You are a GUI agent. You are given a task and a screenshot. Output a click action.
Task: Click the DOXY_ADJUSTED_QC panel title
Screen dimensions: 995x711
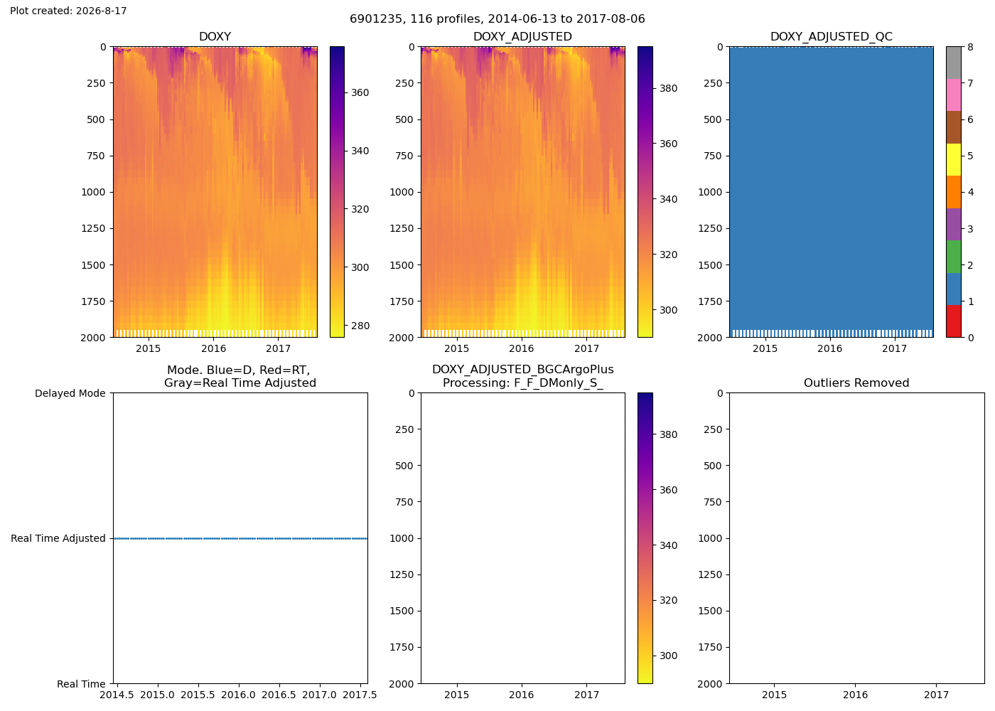[831, 36]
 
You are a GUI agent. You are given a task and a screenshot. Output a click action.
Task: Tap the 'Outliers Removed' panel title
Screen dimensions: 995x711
[856, 383]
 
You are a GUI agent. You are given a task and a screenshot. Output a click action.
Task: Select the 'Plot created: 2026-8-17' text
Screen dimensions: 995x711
[68, 11]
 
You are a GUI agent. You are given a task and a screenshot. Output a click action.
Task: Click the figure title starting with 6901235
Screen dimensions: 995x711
[497, 18]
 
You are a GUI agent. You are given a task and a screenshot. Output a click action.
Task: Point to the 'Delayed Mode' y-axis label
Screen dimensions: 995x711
[70, 393]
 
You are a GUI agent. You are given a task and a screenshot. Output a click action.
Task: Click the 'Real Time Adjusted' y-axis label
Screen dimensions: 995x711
[58, 538]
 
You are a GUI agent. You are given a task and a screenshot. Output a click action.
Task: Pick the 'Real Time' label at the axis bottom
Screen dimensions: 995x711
[81, 684]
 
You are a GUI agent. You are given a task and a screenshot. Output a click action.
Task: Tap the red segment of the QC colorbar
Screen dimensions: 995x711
[954, 321]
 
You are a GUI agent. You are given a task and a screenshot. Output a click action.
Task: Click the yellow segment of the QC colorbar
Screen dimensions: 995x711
[954, 159]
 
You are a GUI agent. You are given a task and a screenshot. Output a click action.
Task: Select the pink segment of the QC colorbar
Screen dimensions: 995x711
[954, 95]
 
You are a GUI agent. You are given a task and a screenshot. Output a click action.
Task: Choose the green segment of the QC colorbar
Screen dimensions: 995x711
[954, 257]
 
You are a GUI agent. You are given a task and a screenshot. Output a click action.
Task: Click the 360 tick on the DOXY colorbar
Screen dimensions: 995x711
[360, 92]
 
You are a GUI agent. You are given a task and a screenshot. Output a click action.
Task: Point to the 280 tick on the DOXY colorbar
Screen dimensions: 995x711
[360, 326]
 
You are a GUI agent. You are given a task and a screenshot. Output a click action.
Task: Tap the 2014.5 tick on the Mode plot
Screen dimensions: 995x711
[117, 695]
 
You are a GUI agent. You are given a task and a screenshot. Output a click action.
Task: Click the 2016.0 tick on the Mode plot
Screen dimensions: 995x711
[239, 695]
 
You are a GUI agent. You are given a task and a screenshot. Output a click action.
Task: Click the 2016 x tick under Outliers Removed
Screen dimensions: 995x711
[856, 695]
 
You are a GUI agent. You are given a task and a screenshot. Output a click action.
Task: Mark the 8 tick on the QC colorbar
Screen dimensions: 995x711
[970, 47]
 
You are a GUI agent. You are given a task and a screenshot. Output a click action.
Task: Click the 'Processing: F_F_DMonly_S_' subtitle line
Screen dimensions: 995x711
[523, 383]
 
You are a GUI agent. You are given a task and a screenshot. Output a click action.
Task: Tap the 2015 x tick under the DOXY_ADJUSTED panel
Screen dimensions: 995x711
[456, 348]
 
